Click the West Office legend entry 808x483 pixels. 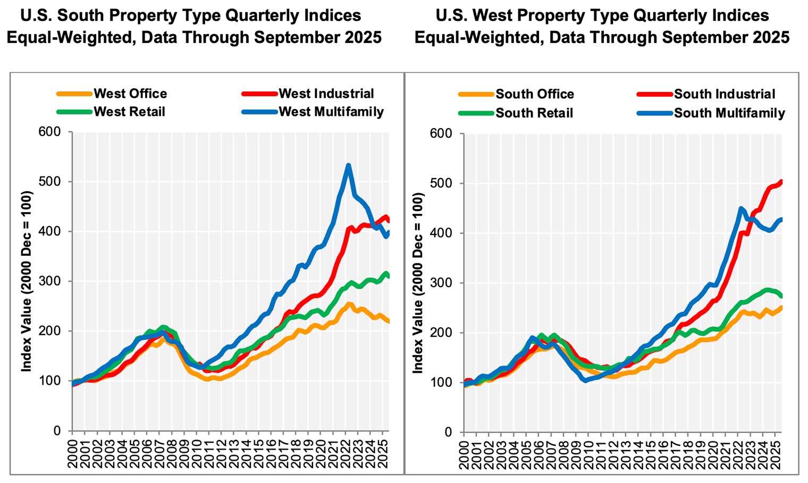(130, 94)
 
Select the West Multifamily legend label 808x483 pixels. (331, 112)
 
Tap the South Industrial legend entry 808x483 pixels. (725, 94)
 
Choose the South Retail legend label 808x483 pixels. (534, 113)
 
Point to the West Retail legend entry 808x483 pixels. (129, 112)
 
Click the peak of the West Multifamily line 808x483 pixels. (348, 165)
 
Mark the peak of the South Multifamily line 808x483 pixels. (740, 208)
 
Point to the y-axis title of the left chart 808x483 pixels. (27, 281)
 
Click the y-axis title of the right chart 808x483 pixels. (418, 282)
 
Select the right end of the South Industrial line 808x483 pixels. (781, 182)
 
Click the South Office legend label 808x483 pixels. (535, 94)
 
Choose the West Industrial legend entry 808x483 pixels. (326, 94)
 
